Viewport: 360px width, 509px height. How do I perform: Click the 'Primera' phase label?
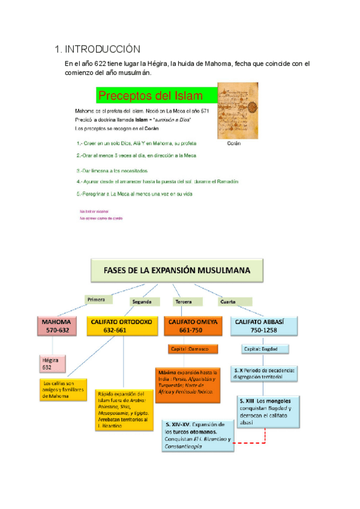point(96,299)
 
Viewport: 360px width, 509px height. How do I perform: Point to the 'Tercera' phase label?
point(184,301)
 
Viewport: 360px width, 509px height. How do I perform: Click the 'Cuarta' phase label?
point(227,301)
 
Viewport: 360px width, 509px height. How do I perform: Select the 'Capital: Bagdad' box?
point(261,349)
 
